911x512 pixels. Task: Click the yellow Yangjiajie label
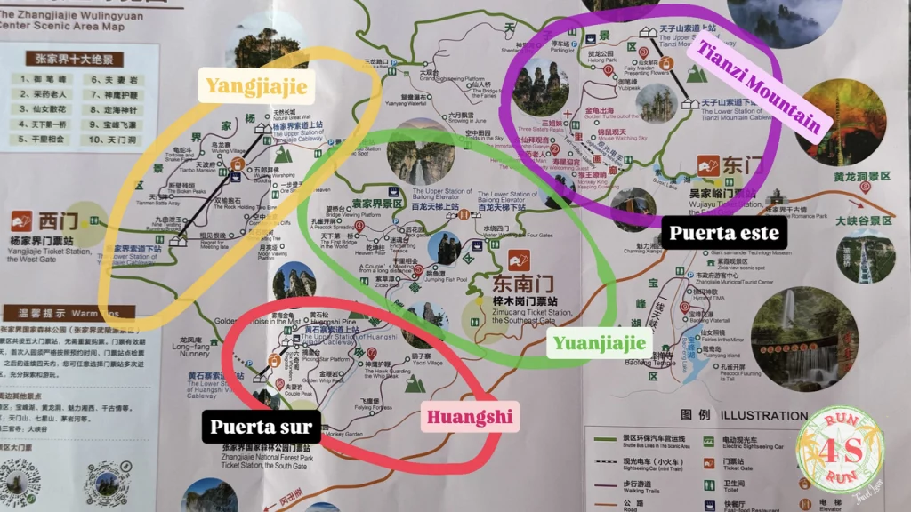coord(256,86)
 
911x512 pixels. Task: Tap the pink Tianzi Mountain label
coord(759,86)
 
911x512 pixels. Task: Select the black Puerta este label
coord(724,234)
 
